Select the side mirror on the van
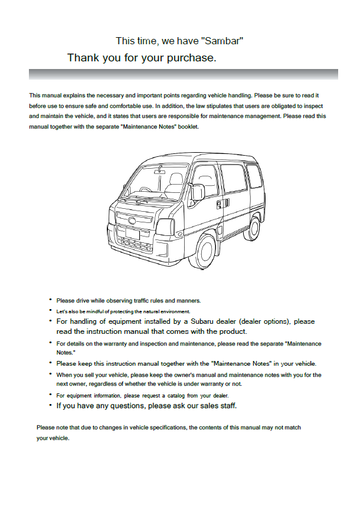click(x=198, y=192)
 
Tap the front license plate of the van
click(x=133, y=234)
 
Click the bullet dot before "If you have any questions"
click(x=50, y=406)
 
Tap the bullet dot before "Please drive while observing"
click(x=50, y=300)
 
